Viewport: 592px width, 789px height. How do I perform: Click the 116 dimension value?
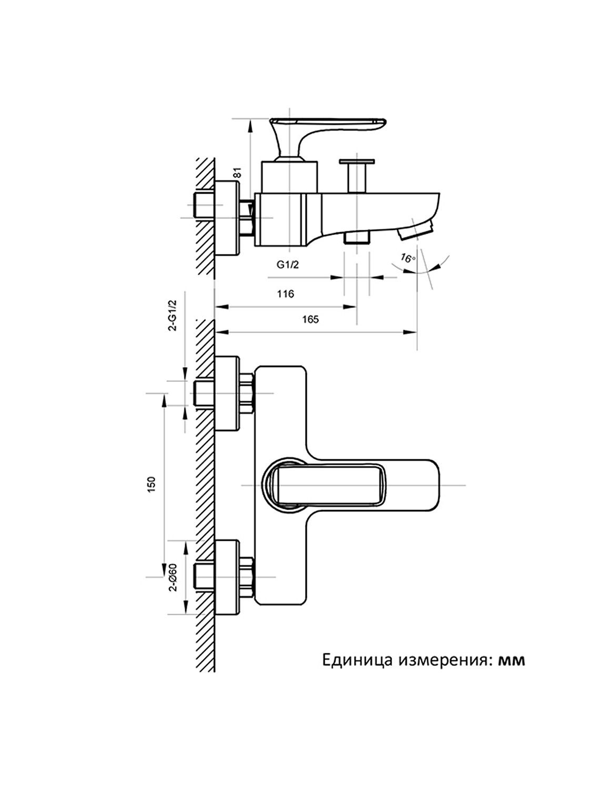[285, 294]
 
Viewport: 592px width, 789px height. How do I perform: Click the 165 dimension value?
[310, 319]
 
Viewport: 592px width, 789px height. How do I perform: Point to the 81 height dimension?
[237, 172]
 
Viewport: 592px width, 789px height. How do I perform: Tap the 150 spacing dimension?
[152, 484]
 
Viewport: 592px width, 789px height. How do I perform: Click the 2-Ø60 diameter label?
[172, 578]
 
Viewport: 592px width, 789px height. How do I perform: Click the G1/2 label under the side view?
[288, 265]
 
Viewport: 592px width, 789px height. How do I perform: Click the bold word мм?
[511, 660]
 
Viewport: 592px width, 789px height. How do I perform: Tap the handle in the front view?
[326, 484]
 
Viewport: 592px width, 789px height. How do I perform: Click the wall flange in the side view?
[228, 218]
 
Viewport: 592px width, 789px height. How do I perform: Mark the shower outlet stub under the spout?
[356, 237]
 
